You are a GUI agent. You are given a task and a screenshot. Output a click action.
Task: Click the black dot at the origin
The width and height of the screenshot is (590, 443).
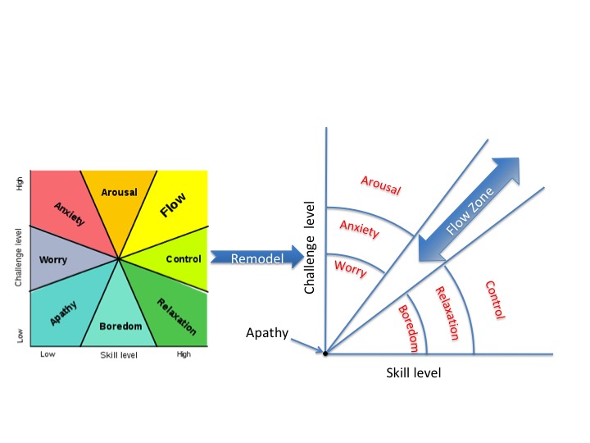[x=326, y=354]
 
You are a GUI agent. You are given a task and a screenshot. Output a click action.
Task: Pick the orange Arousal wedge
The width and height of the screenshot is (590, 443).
[x=120, y=197]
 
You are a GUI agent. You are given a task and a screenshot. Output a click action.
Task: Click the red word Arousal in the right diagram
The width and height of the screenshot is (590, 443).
[x=380, y=185]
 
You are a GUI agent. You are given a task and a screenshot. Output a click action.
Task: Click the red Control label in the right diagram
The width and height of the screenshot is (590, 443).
[x=496, y=300]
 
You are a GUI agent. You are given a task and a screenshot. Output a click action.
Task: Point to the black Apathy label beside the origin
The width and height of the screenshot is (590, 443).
[x=268, y=332]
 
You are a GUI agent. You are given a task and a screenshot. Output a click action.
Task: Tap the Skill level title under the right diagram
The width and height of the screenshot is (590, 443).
[x=413, y=372]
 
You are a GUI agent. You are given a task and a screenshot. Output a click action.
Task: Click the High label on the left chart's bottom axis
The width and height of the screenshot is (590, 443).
[x=184, y=354]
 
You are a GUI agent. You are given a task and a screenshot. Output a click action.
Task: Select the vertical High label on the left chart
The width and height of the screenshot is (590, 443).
[x=20, y=185]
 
